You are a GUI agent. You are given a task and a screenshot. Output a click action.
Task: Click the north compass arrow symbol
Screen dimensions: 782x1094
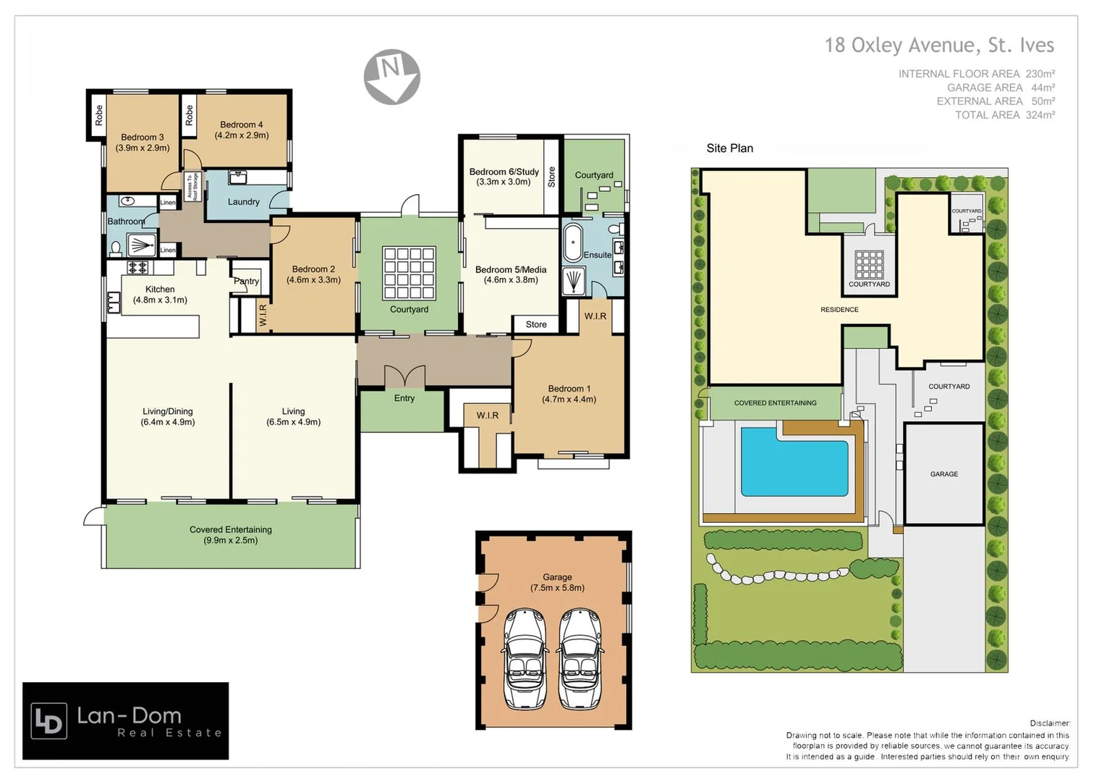click(391, 76)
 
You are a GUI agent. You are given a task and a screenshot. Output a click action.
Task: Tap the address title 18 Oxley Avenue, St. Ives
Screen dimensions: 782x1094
click(938, 45)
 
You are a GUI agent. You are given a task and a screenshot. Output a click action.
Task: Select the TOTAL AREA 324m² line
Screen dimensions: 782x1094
click(1004, 115)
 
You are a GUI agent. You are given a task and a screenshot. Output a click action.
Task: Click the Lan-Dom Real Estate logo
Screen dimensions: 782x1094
click(125, 720)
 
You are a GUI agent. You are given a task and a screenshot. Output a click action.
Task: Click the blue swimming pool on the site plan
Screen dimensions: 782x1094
click(794, 461)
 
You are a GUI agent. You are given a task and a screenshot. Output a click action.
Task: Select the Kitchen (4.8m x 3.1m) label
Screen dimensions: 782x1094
click(160, 294)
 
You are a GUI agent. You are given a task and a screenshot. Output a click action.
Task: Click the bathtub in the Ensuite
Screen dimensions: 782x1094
click(573, 242)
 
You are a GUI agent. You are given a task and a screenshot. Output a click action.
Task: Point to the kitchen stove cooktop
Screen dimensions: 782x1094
click(137, 267)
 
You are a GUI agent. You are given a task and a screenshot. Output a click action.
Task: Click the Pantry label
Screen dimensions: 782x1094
click(246, 281)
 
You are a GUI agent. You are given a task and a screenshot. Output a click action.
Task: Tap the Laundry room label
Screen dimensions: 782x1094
click(243, 202)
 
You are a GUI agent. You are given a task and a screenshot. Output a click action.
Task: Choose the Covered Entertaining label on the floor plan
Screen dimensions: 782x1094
click(230, 534)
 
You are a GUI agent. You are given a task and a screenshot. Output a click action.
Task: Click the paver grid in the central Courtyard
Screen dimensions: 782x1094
click(409, 273)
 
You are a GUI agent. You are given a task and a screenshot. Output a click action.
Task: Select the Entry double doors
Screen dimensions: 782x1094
click(404, 377)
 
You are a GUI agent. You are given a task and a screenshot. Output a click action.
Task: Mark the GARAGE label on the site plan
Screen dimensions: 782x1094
click(944, 474)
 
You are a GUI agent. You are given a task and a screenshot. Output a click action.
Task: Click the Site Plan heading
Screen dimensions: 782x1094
click(729, 148)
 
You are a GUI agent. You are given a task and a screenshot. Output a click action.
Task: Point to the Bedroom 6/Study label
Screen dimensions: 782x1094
click(504, 177)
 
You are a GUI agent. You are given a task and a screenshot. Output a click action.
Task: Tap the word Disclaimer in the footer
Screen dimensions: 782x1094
click(1049, 723)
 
